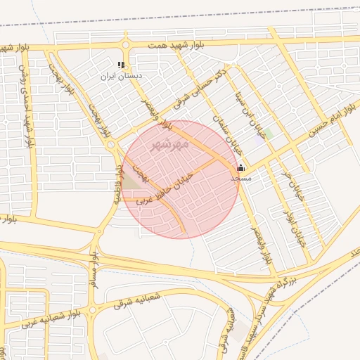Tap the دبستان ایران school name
122,75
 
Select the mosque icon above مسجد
241,167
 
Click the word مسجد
241,179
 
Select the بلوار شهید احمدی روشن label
27,103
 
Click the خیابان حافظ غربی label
165,187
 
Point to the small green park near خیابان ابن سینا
268,133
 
